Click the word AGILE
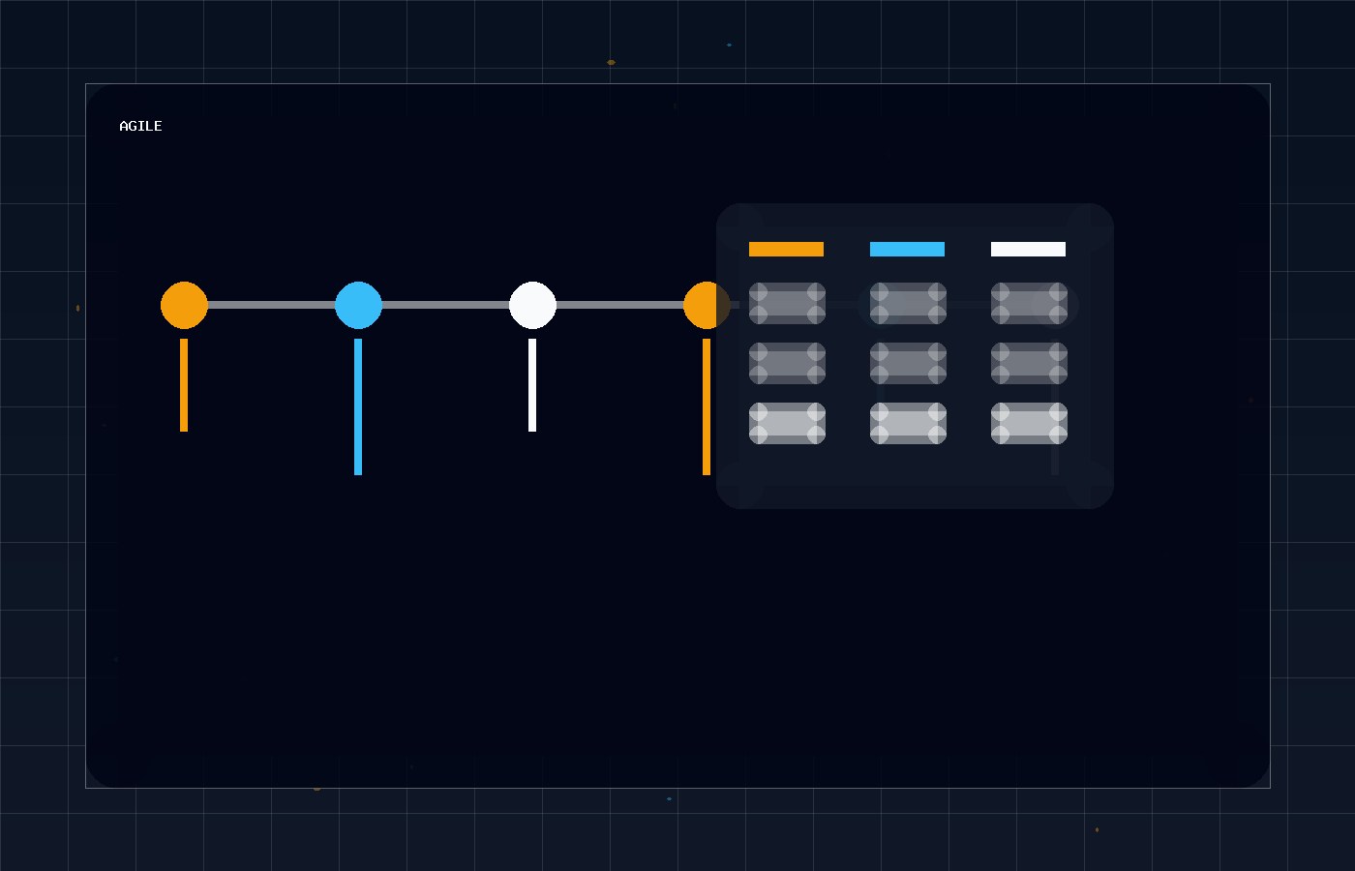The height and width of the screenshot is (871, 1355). click(x=140, y=126)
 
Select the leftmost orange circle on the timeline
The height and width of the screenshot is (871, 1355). click(x=185, y=305)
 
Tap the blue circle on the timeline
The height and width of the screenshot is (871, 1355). click(x=359, y=305)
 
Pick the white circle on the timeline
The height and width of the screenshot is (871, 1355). click(x=533, y=305)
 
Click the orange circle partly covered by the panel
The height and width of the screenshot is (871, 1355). click(x=701, y=305)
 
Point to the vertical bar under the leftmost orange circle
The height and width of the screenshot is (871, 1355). click(x=184, y=385)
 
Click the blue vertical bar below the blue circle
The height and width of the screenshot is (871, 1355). click(x=358, y=407)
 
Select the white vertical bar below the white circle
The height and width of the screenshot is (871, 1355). click(x=532, y=385)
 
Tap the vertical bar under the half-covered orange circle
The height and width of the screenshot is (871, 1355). click(x=707, y=407)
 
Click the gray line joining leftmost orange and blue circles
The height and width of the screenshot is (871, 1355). click(x=272, y=305)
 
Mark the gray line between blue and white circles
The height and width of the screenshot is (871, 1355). click(x=446, y=305)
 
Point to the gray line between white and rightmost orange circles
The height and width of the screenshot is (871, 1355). click(x=620, y=305)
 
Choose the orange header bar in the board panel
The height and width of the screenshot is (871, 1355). click(x=786, y=250)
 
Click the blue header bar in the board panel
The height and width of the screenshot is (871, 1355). click(x=908, y=250)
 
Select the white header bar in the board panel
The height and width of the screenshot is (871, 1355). click(x=1028, y=250)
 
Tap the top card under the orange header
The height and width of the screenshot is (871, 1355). click(x=787, y=303)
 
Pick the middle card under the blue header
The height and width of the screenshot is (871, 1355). click(x=908, y=364)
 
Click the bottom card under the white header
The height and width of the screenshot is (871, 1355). click(x=1029, y=424)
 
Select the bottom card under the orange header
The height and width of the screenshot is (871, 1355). click(x=787, y=424)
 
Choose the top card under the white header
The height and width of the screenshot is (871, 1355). click(x=1029, y=303)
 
